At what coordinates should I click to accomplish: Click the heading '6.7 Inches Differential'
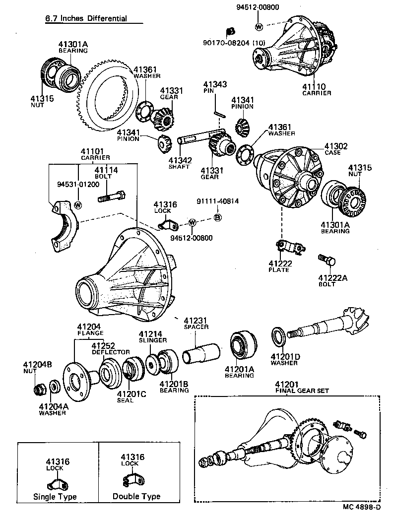pyautogui.click(x=86, y=19)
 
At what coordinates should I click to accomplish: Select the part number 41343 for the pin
pyautogui.click(x=215, y=85)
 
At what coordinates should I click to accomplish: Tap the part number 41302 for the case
pyautogui.click(x=336, y=146)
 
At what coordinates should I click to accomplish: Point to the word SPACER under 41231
pyautogui.click(x=196, y=327)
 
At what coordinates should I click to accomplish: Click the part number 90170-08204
pyautogui.click(x=227, y=43)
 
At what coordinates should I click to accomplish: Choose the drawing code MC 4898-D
pyautogui.click(x=361, y=507)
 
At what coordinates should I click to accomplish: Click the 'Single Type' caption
pyautogui.click(x=55, y=496)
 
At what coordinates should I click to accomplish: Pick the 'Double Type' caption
pyautogui.click(x=136, y=496)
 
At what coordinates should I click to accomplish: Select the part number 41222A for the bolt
pyautogui.click(x=332, y=277)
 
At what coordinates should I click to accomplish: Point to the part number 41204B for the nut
pyautogui.click(x=37, y=364)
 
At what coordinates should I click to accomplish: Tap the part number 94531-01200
pyautogui.click(x=78, y=184)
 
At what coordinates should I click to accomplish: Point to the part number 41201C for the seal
pyautogui.click(x=131, y=394)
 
